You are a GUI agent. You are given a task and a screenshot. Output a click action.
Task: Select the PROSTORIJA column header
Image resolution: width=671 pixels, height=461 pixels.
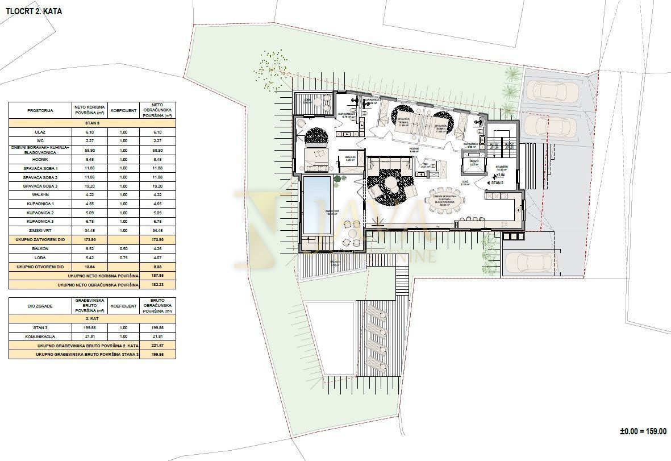click(x=40, y=110)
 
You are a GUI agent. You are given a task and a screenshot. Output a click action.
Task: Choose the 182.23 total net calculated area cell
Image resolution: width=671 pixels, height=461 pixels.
click(x=157, y=284)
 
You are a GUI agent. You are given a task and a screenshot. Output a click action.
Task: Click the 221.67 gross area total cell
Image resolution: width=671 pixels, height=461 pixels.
click(x=157, y=345)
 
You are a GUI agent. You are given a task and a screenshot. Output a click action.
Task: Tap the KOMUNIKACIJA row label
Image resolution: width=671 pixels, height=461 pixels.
click(x=40, y=337)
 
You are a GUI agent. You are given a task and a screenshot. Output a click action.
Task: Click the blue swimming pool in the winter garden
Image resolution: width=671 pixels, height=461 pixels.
click(x=316, y=205)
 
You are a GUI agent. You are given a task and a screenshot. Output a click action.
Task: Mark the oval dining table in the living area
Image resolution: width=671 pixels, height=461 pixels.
click(x=447, y=200)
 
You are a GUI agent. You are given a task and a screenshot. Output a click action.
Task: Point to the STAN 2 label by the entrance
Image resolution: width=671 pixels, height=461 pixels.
click(x=497, y=184)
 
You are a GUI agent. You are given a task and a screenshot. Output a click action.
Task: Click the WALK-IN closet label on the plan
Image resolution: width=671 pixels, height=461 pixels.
click(x=349, y=159)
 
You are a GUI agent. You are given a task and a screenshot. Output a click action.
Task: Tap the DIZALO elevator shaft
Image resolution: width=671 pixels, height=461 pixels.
click(x=473, y=164)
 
